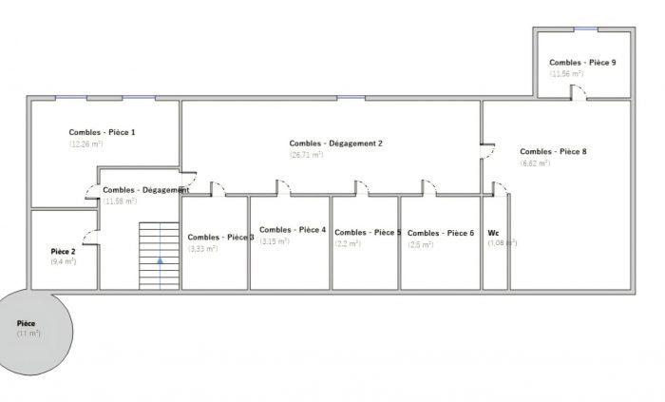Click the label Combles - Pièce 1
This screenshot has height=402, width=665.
[x=102, y=132]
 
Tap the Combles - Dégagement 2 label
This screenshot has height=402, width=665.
[x=335, y=144]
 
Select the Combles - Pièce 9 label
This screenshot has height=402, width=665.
[x=582, y=63]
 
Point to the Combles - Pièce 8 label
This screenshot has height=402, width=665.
[x=553, y=151]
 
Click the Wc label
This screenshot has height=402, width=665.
[x=493, y=233]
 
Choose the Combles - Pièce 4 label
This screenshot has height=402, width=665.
[x=293, y=230]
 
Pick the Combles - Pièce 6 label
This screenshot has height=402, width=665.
[x=441, y=233]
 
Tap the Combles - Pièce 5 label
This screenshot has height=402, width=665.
[x=368, y=233]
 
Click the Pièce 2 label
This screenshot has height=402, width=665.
[x=63, y=252]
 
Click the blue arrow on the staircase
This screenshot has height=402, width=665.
[x=160, y=258]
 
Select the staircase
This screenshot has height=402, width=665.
[x=159, y=255]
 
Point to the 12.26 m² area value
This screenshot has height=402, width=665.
[x=87, y=144]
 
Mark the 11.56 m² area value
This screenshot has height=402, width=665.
[x=566, y=74]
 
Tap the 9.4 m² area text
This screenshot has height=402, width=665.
[x=64, y=261]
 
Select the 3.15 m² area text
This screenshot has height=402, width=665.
[x=275, y=241]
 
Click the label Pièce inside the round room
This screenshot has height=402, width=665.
[x=27, y=323]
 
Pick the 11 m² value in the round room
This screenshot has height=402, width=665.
[x=28, y=334]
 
